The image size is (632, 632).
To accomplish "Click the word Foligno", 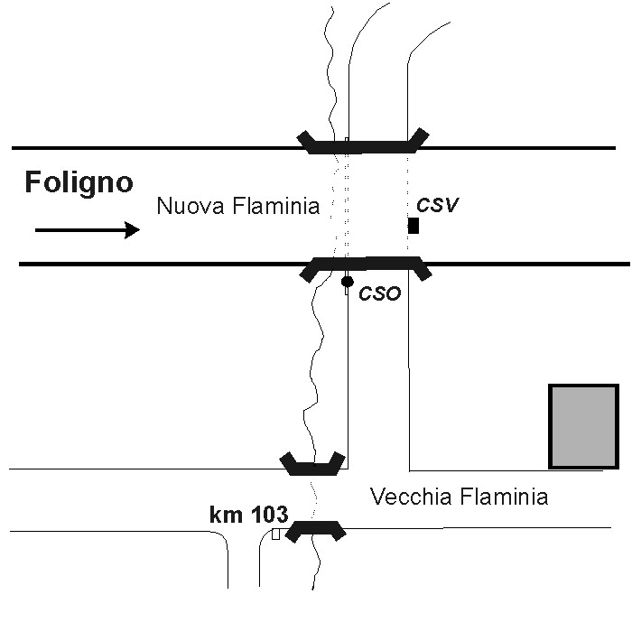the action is tap(79, 183).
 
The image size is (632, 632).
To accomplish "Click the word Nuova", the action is tap(191, 206).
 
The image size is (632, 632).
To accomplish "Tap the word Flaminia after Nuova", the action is tap(276, 206).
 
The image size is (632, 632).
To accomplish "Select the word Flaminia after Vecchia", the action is tap(504, 497).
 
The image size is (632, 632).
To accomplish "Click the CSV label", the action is tap(437, 205).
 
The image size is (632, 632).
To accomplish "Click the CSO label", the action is tap(380, 293).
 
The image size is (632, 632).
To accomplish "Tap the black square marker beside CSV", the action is tap(414, 226).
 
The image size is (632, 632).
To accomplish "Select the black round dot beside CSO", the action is tap(348, 282).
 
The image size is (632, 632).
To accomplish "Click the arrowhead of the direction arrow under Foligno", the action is tap(132, 230).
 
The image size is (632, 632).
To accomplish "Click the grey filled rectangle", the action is tap(583, 426).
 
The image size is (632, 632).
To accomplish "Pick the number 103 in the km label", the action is tap(269, 515).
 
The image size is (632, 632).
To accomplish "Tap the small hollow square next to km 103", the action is tap(275, 534).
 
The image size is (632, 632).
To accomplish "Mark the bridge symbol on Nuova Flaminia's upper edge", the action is tap(363, 146).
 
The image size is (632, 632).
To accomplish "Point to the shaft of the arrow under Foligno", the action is tap(79, 230).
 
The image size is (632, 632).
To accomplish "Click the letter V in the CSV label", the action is tap(451, 205).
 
